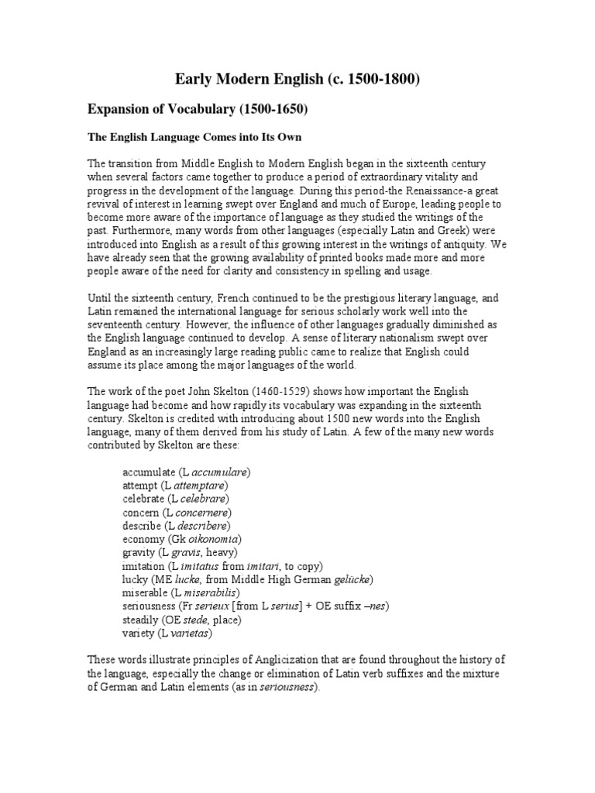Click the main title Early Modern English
pyautogui.click(x=297, y=79)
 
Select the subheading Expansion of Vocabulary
pyautogui.click(x=197, y=110)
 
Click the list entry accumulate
pyautogui.click(x=149, y=472)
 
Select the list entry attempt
pyautogui.click(x=139, y=486)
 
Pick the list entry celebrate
pyautogui.click(x=144, y=499)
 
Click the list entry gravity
pyautogui.click(x=139, y=553)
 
